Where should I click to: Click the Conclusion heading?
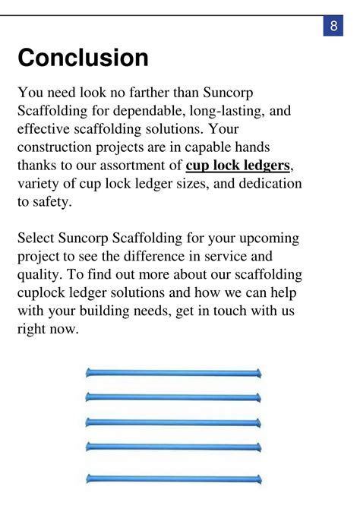pos(83,58)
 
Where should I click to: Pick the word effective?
pos(45,128)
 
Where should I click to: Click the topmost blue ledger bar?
pos(174,373)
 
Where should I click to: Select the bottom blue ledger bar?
pos(174,479)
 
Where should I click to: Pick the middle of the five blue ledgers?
pos(174,422)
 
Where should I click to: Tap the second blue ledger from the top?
pos(174,396)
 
